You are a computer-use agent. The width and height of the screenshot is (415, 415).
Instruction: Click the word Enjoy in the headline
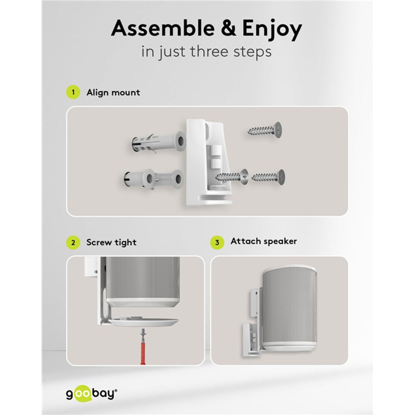(272, 29)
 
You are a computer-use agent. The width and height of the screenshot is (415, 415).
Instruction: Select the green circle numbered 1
(73, 92)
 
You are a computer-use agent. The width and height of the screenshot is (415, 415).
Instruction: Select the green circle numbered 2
(73, 243)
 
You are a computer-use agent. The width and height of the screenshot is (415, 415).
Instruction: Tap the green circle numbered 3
(217, 242)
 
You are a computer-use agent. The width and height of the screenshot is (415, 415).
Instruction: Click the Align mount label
(113, 92)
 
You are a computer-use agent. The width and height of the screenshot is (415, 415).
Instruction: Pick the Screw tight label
(111, 242)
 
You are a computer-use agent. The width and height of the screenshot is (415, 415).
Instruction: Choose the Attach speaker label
(264, 241)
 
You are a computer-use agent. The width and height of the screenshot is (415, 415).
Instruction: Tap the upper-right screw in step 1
(265, 130)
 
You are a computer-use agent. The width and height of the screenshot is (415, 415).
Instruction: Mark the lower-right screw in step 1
(268, 177)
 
